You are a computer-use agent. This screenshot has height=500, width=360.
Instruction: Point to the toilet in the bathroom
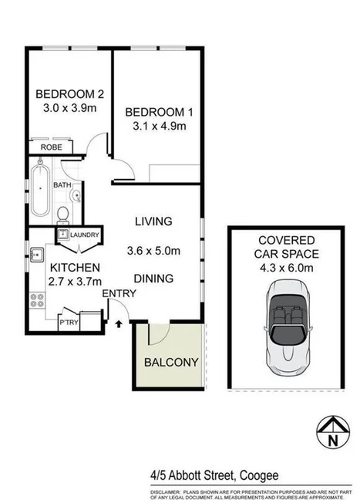click(65, 212)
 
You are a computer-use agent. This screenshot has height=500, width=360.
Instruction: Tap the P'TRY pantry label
click(69, 322)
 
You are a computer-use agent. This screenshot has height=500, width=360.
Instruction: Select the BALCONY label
click(171, 362)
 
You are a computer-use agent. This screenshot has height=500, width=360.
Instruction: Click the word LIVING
click(153, 221)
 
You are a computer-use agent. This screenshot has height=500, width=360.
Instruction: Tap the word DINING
click(153, 279)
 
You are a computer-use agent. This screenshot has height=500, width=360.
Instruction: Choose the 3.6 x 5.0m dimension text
click(153, 250)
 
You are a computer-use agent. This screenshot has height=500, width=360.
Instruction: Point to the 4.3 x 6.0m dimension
click(284, 268)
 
